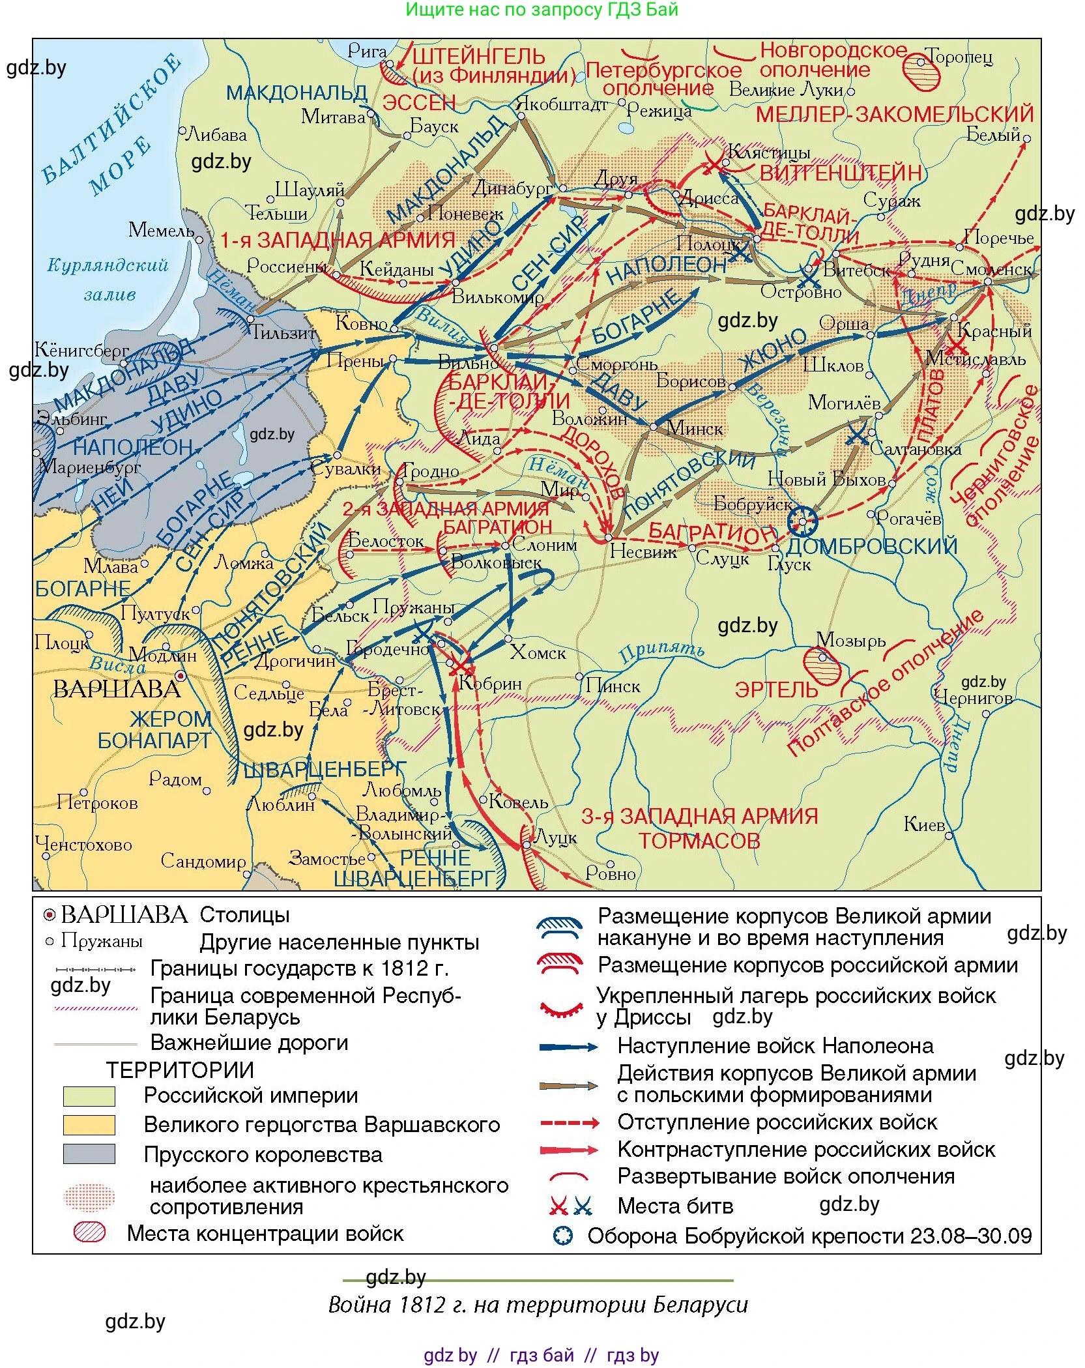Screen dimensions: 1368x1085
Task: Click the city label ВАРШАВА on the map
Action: tap(116, 690)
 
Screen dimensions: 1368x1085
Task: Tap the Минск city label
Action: tap(695, 429)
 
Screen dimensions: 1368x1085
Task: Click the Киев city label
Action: tap(923, 824)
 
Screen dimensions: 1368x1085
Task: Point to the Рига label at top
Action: tap(367, 51)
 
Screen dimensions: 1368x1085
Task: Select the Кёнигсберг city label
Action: tap(81, 351)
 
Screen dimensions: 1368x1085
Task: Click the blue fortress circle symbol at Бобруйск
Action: tap(803, 521)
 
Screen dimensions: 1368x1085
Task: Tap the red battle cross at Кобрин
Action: tap(460, 666)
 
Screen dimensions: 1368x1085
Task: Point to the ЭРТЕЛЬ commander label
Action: tap(775, 690)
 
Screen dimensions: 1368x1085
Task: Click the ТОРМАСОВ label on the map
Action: tap(699, 841)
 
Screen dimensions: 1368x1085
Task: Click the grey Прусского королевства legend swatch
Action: tap(89, 1154)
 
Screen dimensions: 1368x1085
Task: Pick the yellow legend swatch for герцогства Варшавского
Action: tap(89, 1124)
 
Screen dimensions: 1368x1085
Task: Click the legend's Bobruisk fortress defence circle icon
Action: tap(562, 1236)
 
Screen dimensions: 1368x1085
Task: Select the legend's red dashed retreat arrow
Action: tap(569, 1123)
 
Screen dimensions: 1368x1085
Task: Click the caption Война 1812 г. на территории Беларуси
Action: tap(538, 1305)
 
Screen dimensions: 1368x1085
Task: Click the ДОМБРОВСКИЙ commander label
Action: tap(872, 546)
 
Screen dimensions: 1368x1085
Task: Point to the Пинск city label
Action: tap(613, 686)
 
